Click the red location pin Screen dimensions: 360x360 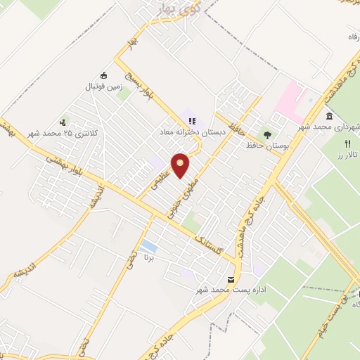pos(181,165)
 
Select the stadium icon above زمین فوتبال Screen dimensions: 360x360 pos(105,76)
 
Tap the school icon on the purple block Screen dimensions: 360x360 pos(191,121)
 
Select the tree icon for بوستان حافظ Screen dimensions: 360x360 pos(266,134)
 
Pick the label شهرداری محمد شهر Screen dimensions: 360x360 pos(333,126)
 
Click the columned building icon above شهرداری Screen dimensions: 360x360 pos(329,115)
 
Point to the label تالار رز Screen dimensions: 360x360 pos(347,153)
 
